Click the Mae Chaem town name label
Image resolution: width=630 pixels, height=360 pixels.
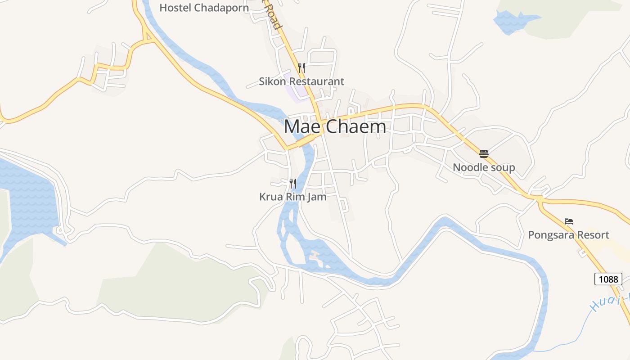[x=335, y=126]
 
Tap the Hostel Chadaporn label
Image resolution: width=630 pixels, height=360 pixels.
[x=204, y=8]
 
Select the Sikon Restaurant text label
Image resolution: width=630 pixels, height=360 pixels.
[x=301, y=81]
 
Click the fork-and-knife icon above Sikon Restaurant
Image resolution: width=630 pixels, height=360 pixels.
[x=301, y=68]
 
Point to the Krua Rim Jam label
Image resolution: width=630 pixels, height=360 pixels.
[x=292, y=197]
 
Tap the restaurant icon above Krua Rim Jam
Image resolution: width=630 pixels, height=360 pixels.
[x=293, y=183]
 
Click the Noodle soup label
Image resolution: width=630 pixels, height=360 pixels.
[x=484, y=168]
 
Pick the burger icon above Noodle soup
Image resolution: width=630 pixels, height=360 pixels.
[x=484, y=154]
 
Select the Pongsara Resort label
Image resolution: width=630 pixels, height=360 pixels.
[x=568, y=235]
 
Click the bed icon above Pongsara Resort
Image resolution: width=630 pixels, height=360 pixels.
[x=569, y=221]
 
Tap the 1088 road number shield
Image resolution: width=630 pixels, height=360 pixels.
[x=608, y=279]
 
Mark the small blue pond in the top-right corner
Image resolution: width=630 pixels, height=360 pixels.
[x=511, y=22]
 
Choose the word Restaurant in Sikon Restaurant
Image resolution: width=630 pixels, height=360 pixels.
[x=316, y=81]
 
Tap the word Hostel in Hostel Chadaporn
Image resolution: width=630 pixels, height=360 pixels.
[x=174, y=8]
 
